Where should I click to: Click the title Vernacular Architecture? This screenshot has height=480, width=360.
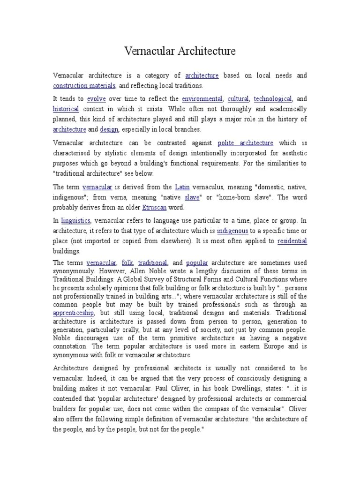click(180, 51)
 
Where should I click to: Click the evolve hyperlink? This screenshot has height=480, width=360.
click(96, 99)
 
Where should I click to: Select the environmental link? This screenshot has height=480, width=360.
click(202, 99)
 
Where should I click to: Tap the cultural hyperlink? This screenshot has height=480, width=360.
click(238, 99)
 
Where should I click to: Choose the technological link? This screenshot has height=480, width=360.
click(273, 99)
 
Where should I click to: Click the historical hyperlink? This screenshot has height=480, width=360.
click(66, 109)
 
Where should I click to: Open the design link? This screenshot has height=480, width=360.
click(109, 129)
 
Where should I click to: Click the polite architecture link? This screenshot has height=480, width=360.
click(245, 142)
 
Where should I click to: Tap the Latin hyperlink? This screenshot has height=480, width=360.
click(182, 187)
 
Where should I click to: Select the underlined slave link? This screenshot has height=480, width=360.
click(192, 197)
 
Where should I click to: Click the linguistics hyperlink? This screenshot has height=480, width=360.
click(75, 220)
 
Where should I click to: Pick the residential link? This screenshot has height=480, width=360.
click(292, 241)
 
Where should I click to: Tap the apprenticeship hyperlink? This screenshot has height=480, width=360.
click(74, 313)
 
